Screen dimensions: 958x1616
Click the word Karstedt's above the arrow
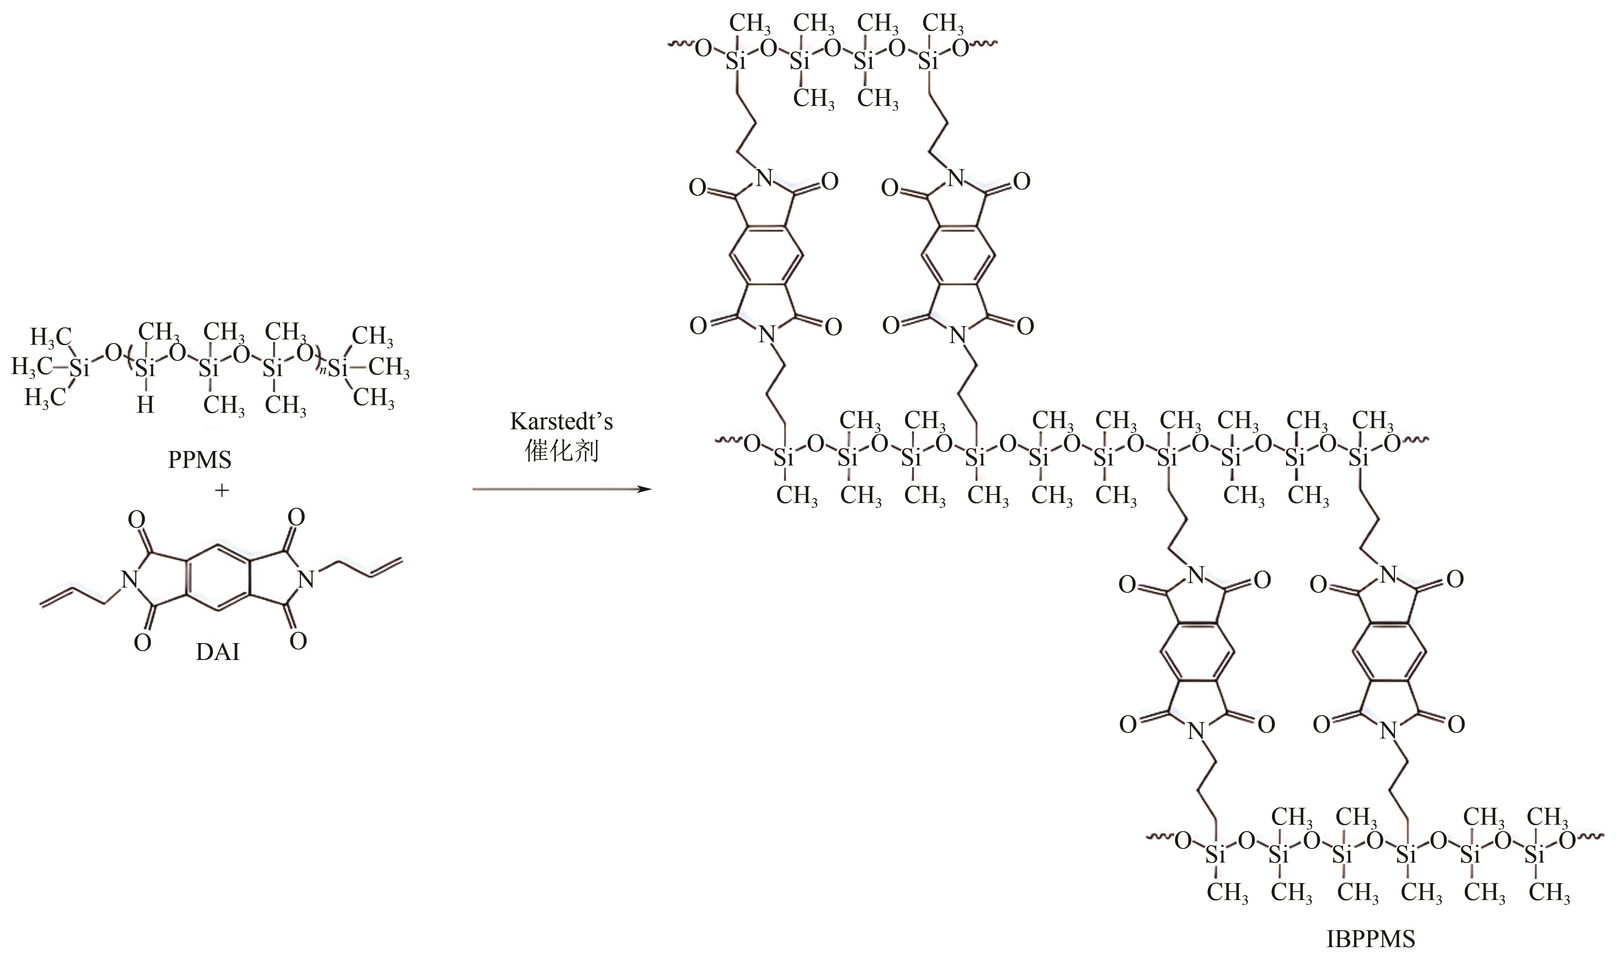coord(561,422)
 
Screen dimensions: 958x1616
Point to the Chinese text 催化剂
coord(561,451)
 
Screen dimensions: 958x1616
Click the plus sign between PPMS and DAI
coord(221,490)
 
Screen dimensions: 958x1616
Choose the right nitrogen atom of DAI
coord(307,580)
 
